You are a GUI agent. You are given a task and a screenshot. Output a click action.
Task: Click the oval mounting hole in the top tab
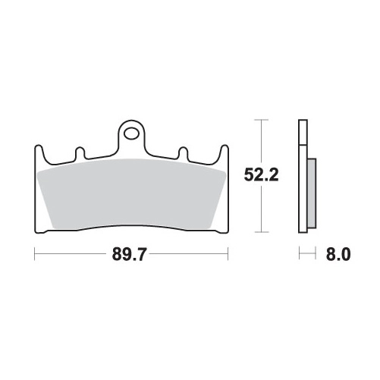click(x=132, y=133)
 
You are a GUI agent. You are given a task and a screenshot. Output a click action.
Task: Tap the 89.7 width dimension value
click(x=129, y=254)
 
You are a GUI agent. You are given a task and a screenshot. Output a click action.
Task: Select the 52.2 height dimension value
click(x=262, y=175)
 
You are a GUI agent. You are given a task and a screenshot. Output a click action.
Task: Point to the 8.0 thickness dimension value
click(x=338, y=254)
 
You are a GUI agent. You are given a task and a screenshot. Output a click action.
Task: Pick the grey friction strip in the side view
click(x=312, y=193)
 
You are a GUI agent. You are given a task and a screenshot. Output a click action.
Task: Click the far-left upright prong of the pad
click(x=39, y=154)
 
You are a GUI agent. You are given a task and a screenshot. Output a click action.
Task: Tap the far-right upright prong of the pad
click(x=225, y=154)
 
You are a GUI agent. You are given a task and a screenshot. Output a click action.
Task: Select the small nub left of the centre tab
click(x=80, y=152)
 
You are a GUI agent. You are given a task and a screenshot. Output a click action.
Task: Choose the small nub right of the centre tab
click(x=184, y=152)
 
